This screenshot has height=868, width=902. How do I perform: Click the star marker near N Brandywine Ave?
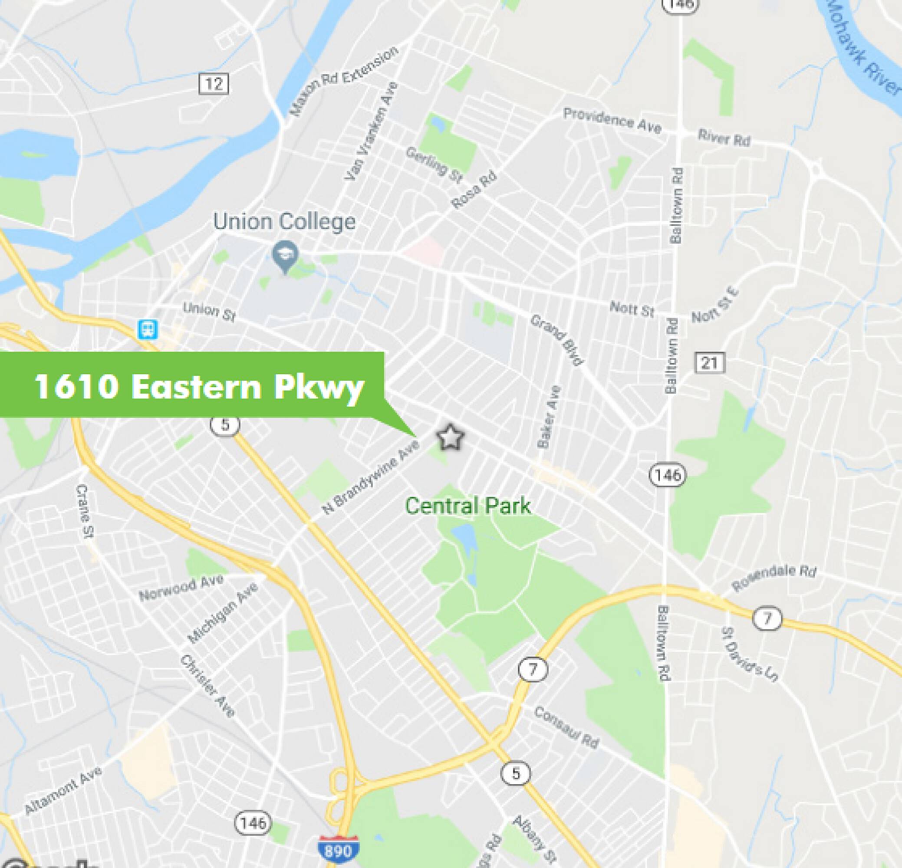pyautogui.click(x=450, y=437)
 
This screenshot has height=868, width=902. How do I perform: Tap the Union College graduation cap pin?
pyautogui.click(x=285, y=254)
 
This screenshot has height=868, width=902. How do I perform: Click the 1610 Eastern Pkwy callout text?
pyautogui.click(x=199, y=386)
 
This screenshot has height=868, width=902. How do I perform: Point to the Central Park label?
pyautogui.click(x=467, y=506)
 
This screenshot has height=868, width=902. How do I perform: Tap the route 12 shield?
pyautogui.click(x=214, y=84)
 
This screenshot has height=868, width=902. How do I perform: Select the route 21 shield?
pyautogui.click(x=709, y=363)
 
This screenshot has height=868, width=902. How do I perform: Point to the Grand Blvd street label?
pyautogui.click(x=557, y=340)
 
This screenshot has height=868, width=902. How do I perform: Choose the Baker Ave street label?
pyautogui.click(x=550, y=417)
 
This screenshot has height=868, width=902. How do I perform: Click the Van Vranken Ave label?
pyautogui.click(x=370, y=132)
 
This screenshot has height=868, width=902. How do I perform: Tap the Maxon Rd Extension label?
pyautogui.click(x=344, y=82)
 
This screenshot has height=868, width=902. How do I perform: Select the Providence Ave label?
pyautogui.click(x=612, y=120)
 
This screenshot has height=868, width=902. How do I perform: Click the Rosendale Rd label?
pyautogui.click(x=774, y=577)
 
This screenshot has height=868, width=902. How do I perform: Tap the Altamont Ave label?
pyautogui.click(x=63, y=790)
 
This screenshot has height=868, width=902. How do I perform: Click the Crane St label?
pyautogui.click(x=85, y=511)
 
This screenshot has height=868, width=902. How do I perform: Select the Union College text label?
pyautogui.click(x=284, y=222)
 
